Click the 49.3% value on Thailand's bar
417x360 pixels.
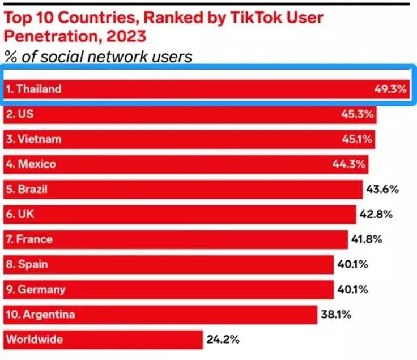tap(390, 89)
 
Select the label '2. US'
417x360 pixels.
tap(19, 114)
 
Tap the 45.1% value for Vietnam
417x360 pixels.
tap(358, 139)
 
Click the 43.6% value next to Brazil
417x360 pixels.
tap(383, 189)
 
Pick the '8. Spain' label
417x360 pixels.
tap(27, 264)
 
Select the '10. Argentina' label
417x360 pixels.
tap(40, 314)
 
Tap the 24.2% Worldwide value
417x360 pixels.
tap(223, 340)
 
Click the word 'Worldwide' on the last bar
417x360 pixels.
tap(34, 340)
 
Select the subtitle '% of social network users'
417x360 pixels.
tap(97, 57)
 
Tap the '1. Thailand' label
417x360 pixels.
tap(33, 89)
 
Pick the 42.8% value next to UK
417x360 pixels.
tap(376, 215)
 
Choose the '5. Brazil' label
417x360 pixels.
tap(27, 189)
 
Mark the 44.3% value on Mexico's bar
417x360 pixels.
tap(349, 164)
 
